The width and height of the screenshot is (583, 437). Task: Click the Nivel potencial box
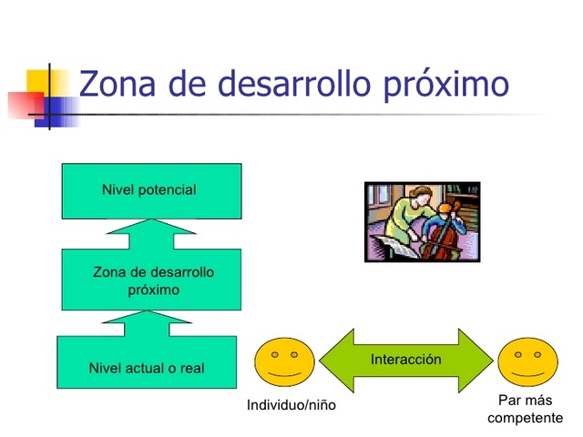[151, 190]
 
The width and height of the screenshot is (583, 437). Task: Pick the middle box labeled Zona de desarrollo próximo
[151, 279]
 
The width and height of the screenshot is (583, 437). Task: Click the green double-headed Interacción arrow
[405, 361]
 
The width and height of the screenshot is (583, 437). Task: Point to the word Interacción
[405, 360]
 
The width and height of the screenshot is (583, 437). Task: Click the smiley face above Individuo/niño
[284, 360]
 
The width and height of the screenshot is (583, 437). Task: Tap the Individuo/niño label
[291, 405]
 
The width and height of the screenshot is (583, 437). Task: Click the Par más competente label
[525, 409]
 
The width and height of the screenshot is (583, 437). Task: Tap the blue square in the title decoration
[59, 110]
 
